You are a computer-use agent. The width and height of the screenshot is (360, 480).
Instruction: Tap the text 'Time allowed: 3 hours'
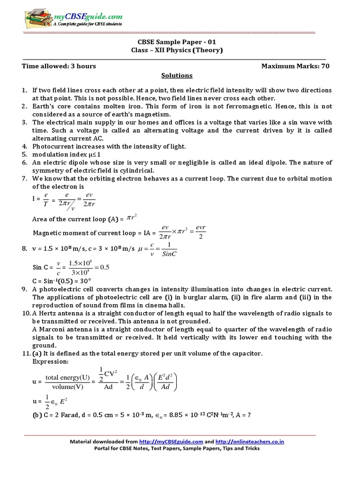[59, 66]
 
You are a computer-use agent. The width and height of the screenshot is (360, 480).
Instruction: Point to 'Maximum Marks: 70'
[295, 66]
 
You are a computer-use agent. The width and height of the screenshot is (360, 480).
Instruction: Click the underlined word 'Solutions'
[177, 75]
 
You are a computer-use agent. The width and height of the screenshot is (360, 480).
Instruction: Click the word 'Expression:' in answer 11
[50, 362]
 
